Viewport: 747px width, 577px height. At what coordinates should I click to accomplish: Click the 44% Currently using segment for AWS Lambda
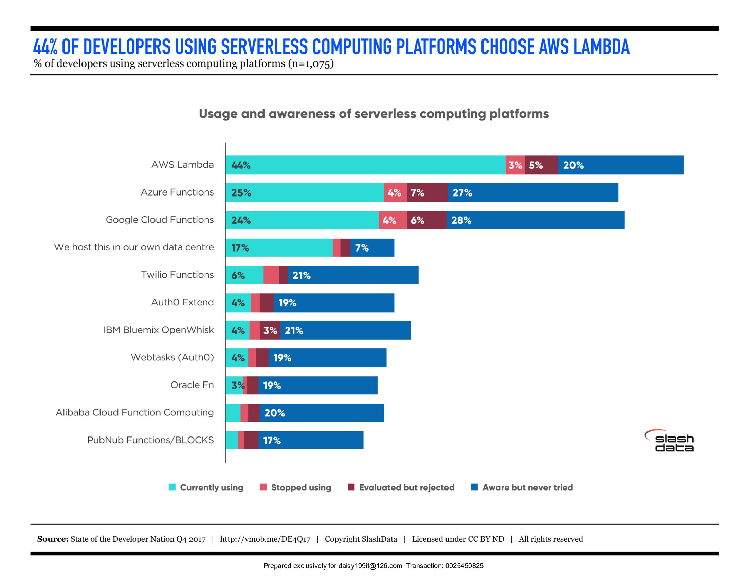point(365,165)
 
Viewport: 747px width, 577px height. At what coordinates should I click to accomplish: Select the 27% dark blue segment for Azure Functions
point(532,192)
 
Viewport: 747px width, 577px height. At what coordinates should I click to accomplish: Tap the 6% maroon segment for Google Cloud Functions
point(426,220)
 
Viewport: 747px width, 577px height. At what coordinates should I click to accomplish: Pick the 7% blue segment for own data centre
point(372,247)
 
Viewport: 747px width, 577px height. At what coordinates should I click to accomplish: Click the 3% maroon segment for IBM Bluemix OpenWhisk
point(270,330)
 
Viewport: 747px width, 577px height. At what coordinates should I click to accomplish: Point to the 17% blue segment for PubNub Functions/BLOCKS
point(311,440)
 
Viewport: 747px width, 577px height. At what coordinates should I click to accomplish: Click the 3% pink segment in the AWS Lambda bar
point(515,165)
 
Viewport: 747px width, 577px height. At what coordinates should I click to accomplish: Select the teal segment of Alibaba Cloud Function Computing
point(233,413)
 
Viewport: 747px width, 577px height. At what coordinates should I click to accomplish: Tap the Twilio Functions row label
point(177,275)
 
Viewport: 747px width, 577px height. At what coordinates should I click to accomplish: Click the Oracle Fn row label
point(192,385)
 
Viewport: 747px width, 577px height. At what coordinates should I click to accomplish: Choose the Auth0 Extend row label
point(182,302)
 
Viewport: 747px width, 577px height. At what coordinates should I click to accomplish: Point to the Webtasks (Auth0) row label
point(172,357)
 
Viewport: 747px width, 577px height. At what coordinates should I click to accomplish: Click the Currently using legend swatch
point(172,487)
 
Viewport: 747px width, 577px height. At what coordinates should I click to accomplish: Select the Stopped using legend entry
point(296,487)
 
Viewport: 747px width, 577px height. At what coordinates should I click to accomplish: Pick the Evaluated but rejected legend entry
point(401,487)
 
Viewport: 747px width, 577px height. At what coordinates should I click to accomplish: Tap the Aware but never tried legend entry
point(522,487)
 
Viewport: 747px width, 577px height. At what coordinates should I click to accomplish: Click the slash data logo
point(671,441)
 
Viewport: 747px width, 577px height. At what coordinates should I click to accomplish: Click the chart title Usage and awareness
point(373,114)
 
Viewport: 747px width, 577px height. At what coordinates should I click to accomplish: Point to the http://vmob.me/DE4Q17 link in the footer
point(265,539)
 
